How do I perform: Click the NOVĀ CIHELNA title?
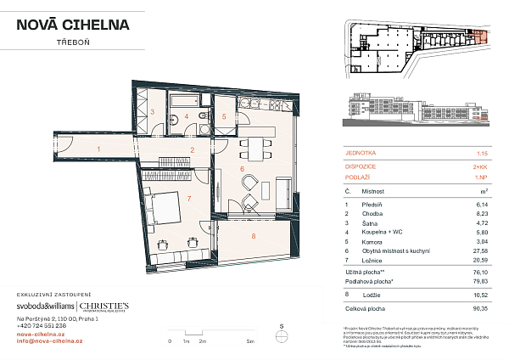pos(73,25)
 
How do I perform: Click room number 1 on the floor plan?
pos(98,149)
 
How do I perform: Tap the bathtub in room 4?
pos(182,99)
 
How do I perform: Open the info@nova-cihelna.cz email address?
pos(50,340)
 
